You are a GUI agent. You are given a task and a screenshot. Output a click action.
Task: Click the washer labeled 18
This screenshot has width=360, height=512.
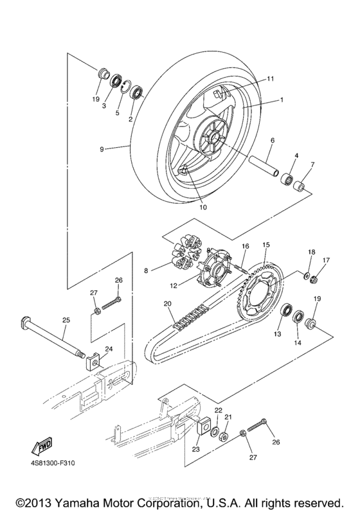[307, 275]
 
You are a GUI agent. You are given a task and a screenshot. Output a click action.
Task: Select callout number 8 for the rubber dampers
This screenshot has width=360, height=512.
[147, 271]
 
